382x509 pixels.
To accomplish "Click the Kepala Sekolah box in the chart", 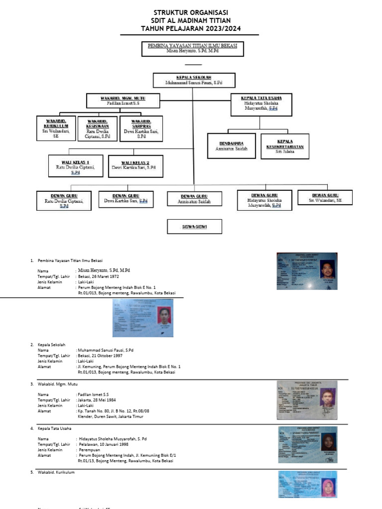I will tap(194, 81).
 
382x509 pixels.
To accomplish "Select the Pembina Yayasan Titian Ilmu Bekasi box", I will tap(192, 49).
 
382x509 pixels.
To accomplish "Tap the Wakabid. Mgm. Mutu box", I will tap(123, 100).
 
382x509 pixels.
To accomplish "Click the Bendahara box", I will tap(231, 146).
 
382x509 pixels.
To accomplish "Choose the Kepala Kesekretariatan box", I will tap(285, 146).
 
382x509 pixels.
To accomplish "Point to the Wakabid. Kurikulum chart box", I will tap(56, 129).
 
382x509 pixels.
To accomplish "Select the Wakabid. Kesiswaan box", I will tap(97, 129).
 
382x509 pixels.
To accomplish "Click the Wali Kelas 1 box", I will tap(76, 166).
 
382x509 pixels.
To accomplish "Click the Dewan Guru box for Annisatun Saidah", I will tap(194, 199).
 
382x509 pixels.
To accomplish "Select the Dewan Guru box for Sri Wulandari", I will tap(325, 198).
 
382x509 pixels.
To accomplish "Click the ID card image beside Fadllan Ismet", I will tap(307, 401).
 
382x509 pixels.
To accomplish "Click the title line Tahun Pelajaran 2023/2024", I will tap(191, 29).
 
